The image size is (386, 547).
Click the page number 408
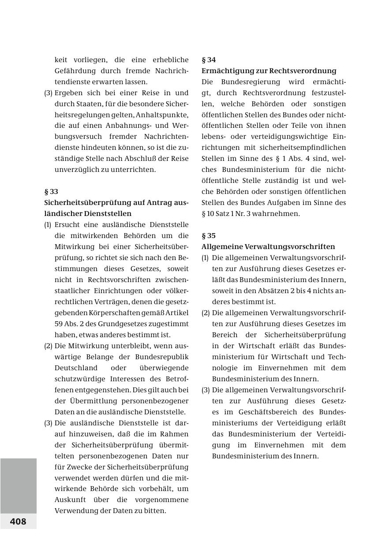pyautogui.click(x=18, y=521)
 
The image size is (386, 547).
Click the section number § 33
pyautogui.click(x=51, y=192)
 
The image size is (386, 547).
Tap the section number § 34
pyautogui.click(x=209, y=60)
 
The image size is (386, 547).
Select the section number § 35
pyautogui.click(x=209, y=236)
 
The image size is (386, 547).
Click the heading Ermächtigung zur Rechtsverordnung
pyautogui.click(x=269, y=71)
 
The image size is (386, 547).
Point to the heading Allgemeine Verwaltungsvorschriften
pyautogui.click(x=268, y=247)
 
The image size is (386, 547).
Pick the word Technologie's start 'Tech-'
pyautogui.click(x=337, y=357)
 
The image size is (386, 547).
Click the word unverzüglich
pyautogui.click(x=76, y=170)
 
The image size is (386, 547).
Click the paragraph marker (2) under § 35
pyautogui.click(x=206, y=313)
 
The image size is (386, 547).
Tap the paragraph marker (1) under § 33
pyautogui.click(x=48, y=225)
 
